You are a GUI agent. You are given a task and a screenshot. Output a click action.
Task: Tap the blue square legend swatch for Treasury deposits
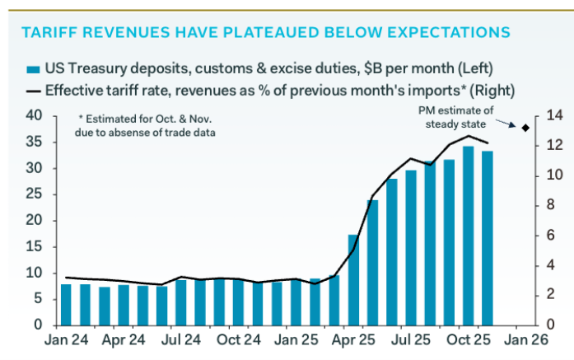(x=34, y=69)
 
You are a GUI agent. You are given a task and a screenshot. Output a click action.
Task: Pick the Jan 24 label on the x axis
(x=66, y=340)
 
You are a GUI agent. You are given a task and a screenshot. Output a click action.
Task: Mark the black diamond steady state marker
(x=525, y=127)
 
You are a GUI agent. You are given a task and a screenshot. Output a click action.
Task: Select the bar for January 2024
(x=66, y=305)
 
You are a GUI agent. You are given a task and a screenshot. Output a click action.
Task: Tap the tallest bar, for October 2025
(x=469, y=236)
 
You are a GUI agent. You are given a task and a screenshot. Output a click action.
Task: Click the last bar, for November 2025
(x=488, y=239)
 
